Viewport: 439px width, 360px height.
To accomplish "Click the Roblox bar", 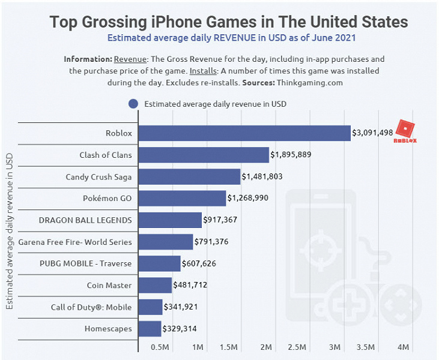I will point(244,133).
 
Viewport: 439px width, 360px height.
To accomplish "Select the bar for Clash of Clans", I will point(204,155).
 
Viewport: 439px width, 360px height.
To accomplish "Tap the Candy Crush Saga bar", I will point(189,176).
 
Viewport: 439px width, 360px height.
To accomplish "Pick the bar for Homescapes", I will point(150,328).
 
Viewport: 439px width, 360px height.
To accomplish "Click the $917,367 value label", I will point(220,220).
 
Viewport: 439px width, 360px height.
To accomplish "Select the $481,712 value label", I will point(190,284).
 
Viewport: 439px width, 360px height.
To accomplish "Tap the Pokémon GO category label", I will point(107,198).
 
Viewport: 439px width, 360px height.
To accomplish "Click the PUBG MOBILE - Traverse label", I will point(86,263).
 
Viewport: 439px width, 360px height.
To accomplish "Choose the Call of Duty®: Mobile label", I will point(91,307).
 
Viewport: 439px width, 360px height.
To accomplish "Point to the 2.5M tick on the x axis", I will point(297,347).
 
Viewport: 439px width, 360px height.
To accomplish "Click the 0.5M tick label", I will point(160,347).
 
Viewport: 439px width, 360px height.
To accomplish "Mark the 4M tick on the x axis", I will point(404,347).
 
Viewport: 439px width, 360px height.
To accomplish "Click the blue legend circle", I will point(133,103).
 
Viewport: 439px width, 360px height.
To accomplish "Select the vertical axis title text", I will point(9,230).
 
